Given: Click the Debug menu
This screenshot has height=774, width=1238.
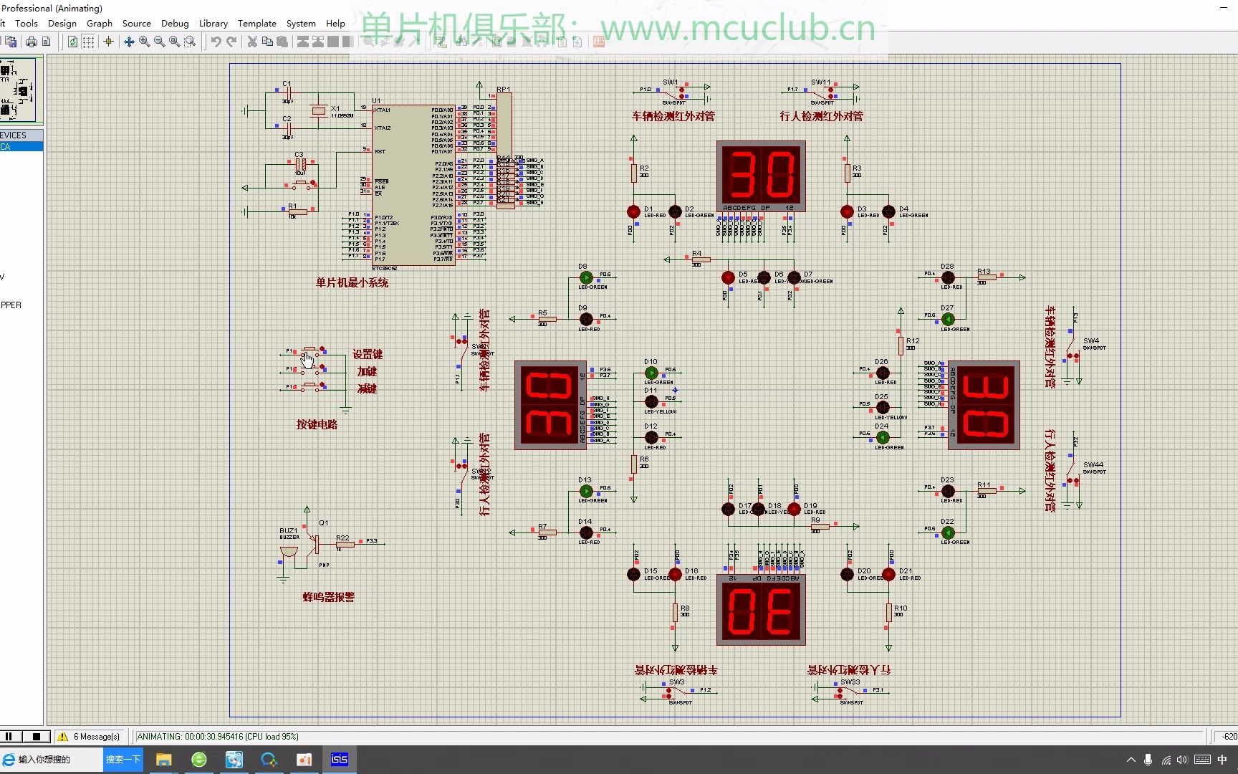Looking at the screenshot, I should (175, 23).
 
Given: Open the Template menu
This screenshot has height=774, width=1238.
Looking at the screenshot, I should (256, 23).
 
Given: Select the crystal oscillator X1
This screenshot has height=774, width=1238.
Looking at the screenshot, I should (319, 111).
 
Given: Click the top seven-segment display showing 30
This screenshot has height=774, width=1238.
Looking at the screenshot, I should (761, 174).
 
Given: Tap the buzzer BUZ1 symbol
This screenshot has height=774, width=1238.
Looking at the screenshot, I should (288, 552).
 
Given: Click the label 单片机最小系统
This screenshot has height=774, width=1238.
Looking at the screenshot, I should (352, 282).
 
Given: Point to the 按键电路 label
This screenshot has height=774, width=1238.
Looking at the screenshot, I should (317, 424).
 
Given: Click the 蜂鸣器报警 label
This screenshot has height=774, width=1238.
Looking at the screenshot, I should (328, 597).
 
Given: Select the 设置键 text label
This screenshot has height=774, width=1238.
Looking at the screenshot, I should (367, 354).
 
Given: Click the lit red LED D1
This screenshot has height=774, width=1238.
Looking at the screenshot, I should (633, 211).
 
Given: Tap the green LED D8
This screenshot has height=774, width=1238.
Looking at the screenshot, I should (586, 277).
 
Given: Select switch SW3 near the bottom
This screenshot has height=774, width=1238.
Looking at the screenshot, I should (675, 692).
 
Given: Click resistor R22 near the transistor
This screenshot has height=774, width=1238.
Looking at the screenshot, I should (345, 544).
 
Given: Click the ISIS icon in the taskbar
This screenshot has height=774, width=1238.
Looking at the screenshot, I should (340, 759).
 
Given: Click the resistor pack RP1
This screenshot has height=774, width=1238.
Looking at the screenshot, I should (504, 150).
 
